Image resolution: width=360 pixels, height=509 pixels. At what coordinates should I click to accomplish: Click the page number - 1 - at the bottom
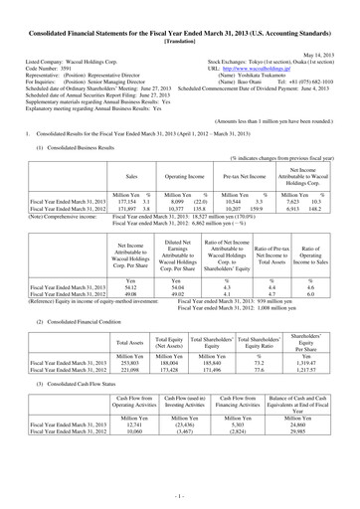click(x=180, y=494)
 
